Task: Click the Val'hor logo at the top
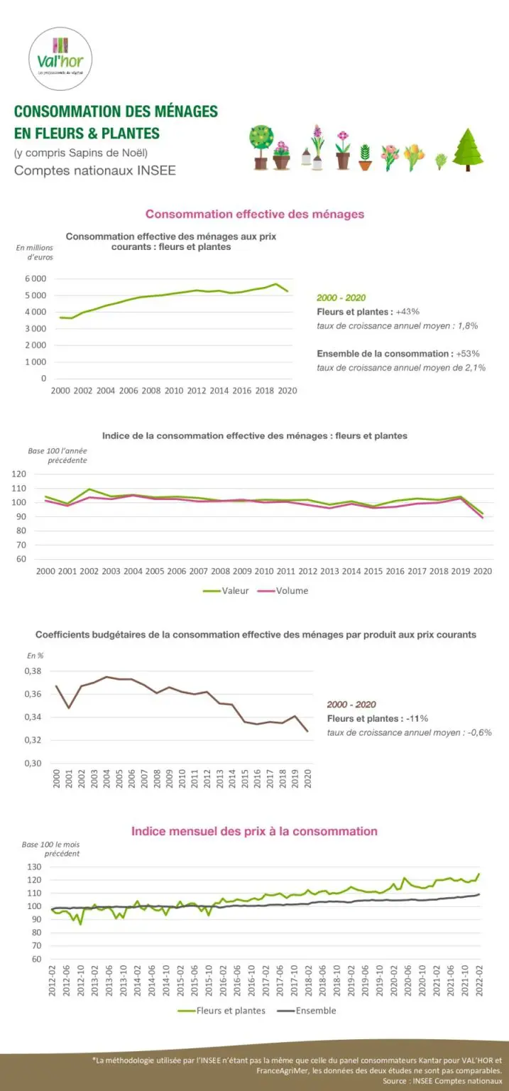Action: (x=60, y=59)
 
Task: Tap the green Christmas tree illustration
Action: (x=468, y=150)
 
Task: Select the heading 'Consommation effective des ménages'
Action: (x=255, y=214)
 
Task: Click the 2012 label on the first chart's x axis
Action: (x=196, y=391)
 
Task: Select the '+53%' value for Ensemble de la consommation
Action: (x=464, y=353)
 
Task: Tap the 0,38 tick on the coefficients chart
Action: (x=33, y=671)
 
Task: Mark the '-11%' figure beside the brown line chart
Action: (x=417, y=718)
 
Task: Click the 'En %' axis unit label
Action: (x=35, y=655)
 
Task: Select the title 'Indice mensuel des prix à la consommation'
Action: (x=254, y=831)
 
